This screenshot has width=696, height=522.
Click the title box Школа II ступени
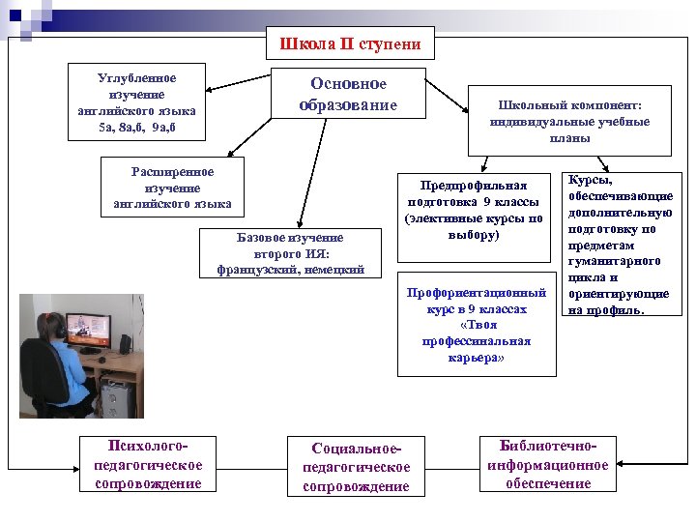[350, 44]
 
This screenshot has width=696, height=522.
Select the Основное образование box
[349, 94]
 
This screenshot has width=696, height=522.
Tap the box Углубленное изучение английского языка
[137, 102]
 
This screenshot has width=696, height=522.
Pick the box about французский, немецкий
[291, 253]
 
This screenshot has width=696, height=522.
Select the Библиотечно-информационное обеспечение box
[548, 464]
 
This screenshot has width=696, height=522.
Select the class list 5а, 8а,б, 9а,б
[137, 127]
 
